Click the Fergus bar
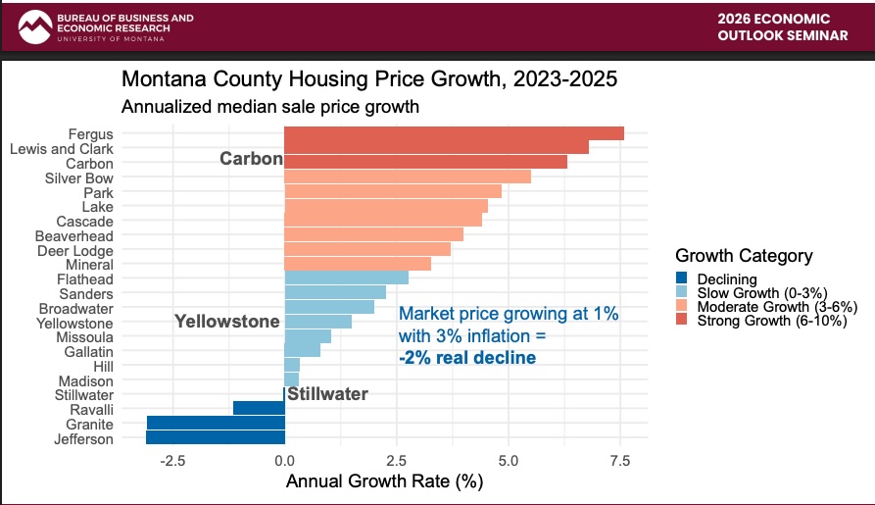point(454,133)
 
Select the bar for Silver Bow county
point(407,177)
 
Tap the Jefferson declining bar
point(216,438)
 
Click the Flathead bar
point(346,278)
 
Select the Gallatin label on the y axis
point(88,351)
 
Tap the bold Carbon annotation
point(251,159)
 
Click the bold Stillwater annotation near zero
point(327,394)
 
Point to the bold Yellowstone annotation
point(226,322)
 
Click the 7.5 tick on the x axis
point(619,460)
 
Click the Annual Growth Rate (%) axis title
point(384,482)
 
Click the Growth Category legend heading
point(744,256)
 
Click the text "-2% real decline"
point(467,358)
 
